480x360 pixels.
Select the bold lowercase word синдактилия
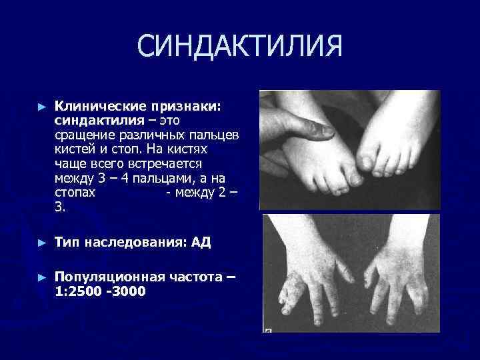(99, 121)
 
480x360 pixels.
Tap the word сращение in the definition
(83, 135)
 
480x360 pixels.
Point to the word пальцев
(217, 135)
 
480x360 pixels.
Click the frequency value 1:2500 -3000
(100, 291)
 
